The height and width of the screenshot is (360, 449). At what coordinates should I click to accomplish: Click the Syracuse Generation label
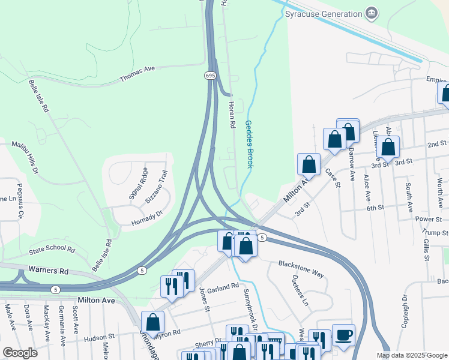324,13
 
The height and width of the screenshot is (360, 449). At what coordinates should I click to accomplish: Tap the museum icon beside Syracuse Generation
372,13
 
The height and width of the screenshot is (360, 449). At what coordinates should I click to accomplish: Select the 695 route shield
209,75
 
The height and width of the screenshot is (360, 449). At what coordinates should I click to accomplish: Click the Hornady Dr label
147,218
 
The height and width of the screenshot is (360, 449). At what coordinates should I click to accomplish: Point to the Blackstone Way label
301,269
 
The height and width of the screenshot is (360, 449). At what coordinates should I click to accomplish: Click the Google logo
20,353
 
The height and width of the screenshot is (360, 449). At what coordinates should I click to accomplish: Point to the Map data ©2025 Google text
411,355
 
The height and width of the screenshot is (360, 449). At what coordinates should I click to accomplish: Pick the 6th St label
375,207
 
